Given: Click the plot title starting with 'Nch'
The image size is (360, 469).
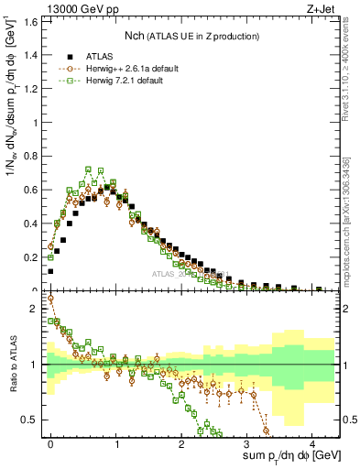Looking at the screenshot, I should pos(192,36).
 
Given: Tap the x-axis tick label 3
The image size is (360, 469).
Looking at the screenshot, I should pos(246,442).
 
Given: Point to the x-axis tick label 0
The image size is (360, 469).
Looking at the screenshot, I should pos(50,442).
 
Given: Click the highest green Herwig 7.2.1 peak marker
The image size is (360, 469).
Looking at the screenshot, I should pos(89,169).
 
